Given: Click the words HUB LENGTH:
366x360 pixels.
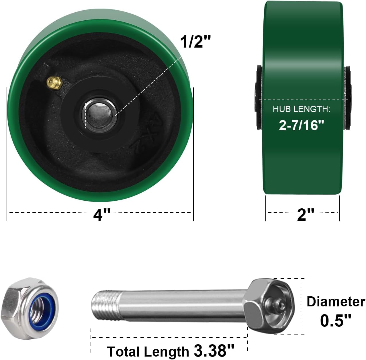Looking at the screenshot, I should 302,109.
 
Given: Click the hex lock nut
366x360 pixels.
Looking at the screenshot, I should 30,308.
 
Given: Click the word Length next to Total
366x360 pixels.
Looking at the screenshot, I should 166,351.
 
